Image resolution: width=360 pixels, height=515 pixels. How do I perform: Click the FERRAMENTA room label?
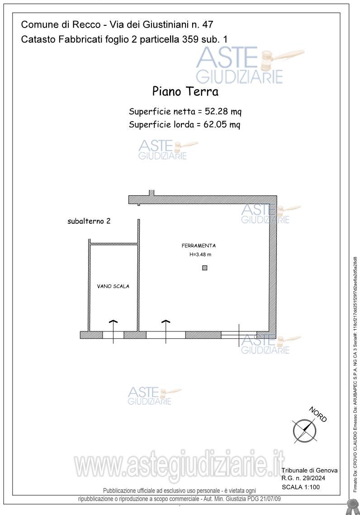coord(199,246)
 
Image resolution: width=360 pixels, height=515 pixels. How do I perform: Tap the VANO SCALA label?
coord(113,286)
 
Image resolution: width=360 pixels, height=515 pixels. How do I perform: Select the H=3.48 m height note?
coord(200,255)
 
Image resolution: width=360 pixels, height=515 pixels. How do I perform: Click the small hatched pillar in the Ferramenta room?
coord(204,268)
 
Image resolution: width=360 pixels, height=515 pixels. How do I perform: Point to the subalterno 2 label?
coord(89,221)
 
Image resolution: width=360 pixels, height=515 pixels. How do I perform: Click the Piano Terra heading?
coord(185,91)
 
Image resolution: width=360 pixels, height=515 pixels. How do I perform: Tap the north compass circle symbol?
coord(305,431)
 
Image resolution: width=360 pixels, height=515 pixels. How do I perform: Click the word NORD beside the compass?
coord(318,414)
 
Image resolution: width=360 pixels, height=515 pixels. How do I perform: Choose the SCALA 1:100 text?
coord(301,487)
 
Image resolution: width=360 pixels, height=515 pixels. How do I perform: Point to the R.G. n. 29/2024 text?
coord(303,478)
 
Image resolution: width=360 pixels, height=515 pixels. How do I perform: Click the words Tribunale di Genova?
coord(309,471)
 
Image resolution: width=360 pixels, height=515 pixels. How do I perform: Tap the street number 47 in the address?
coord(208,24)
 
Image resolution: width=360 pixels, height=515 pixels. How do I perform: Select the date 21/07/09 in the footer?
coord(270,499)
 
